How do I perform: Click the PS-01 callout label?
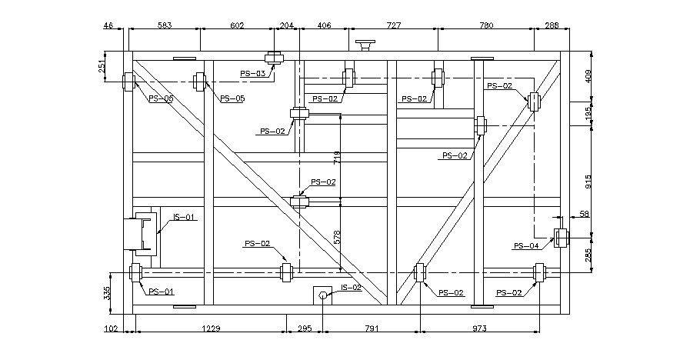[162, 292]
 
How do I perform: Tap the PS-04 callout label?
[526, 246]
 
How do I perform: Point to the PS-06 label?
[161, 98]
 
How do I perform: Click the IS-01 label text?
[184, 218]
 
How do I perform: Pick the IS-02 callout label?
[351, 288]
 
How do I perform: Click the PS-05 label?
[232, 98]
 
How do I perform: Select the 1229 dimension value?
[211, 328]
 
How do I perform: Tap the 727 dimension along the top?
[393, 25]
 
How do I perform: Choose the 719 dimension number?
[337, 158]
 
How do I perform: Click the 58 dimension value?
[584, 213]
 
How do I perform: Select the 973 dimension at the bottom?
[479, 328]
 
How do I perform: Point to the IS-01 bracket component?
[142, 234]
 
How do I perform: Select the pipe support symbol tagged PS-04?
[562, 238]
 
